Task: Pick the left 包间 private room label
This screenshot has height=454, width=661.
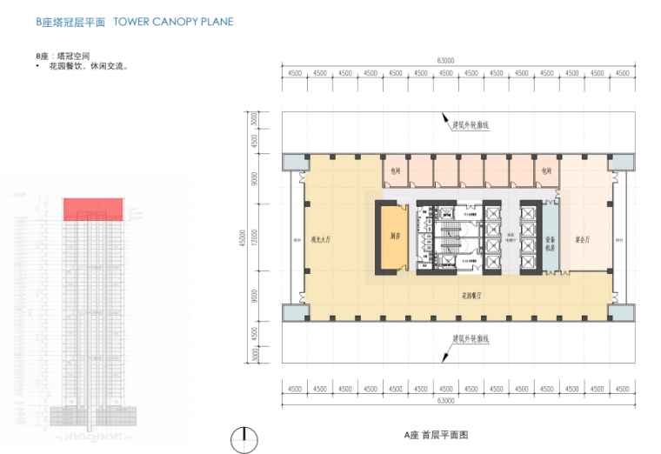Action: tap(395, 171)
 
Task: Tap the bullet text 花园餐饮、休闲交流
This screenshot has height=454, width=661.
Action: tap(85, 65)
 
